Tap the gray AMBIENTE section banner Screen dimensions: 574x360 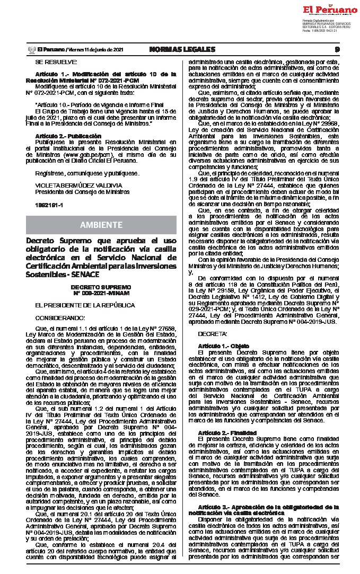coord(101,225)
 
